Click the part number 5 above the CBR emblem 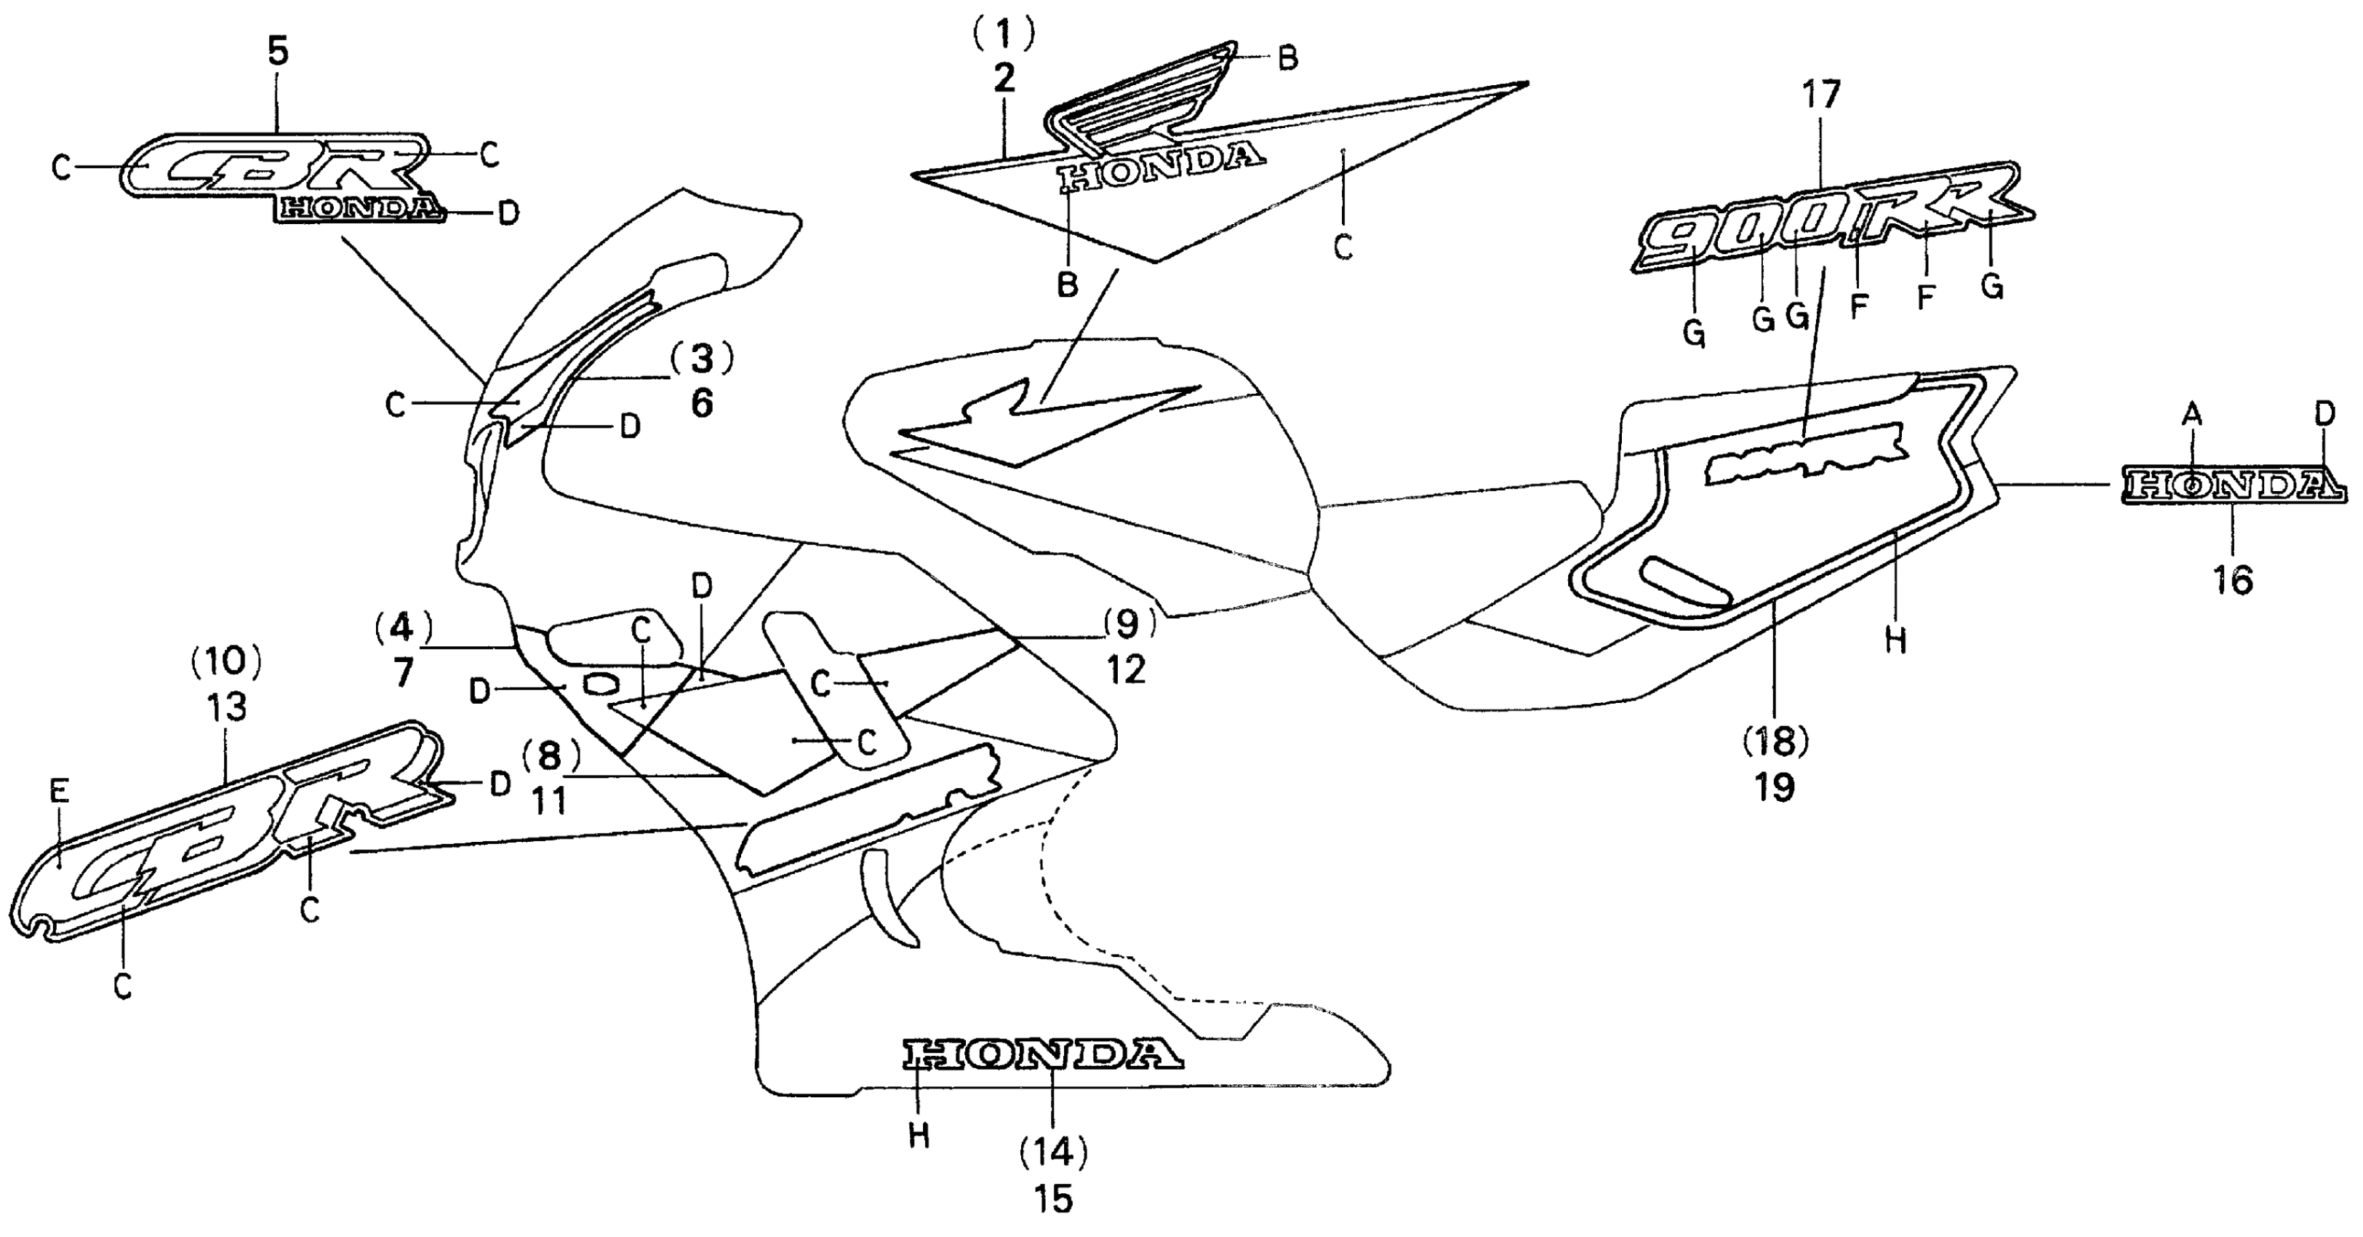pyautogui.click(x=278, y=52)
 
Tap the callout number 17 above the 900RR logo pyautogui.click(x=1821, y=95)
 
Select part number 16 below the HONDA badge pyautogui.click(x=2233, y=580)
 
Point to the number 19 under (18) pyautogui.click(x=1775, y=787)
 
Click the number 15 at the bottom pyautogui.click(x=1053, y=1198)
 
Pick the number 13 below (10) pyautogui.click(x=227, y=707)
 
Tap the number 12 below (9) pyautogui.click(x=1127, y=670)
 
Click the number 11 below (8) pyautogui.click(x=549, y=801)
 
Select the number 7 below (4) pyautogui.click(x=404, y=672)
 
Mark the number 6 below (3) pyautogui.click(x=702, y=403)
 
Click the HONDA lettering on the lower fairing pyautogui.click(x=1042, y=1054)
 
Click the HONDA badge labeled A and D pyautogui.click(x=2234, y=485)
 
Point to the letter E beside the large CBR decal pyautogui.click(x=60, y=791)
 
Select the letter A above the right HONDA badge pyautogui.click(x=2191, y=415)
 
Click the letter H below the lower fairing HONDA pyautogui.click(x=919, y=1136)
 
